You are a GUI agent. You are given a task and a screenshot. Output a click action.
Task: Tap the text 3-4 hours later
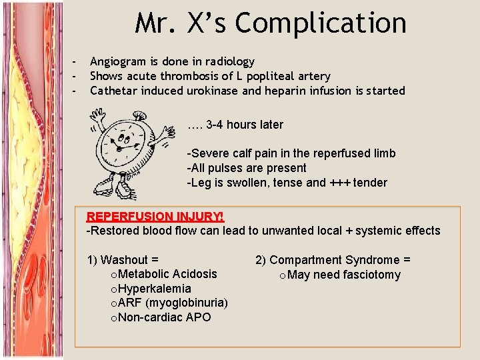tap(245, 125)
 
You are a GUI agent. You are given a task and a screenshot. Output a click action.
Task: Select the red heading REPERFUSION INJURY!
tap(155, 217)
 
